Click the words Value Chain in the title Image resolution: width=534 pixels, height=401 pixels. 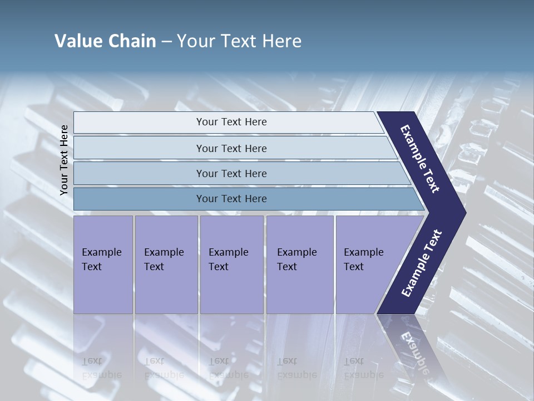click(x=105, y=41)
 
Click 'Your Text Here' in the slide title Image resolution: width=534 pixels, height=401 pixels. click(x=239, y=41)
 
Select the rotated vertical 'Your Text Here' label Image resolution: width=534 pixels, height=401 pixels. click(x=64, y=160)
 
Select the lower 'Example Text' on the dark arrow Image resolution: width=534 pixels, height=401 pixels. click(x=421, y=263)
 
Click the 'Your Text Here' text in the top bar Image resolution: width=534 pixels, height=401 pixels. click(x=231, y=122)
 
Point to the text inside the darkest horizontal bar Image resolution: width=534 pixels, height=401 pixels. click(x=231, y=199)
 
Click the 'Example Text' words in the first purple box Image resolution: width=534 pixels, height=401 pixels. click(x=101, y=260)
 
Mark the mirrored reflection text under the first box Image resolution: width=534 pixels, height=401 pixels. click(x=101, y=368)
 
